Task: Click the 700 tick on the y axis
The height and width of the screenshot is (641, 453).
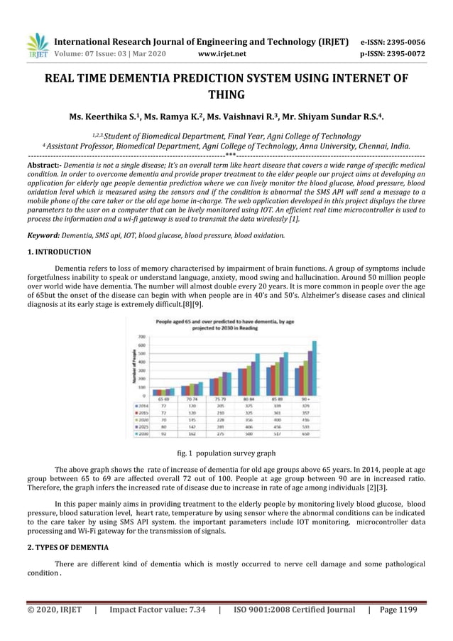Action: coord(141,336)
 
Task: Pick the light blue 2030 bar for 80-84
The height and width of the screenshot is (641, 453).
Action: coord(257,374)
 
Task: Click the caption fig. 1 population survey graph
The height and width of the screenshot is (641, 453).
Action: coord(226,453)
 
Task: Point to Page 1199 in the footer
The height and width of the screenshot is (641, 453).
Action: coord(398,610)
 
